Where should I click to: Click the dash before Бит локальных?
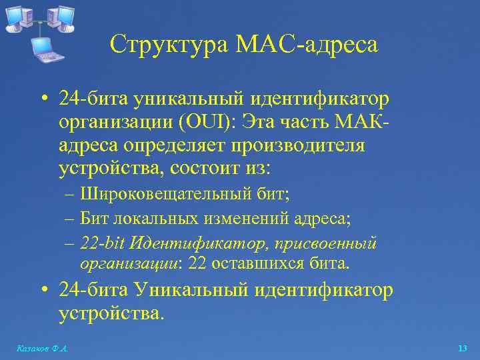tap(71, 218)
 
